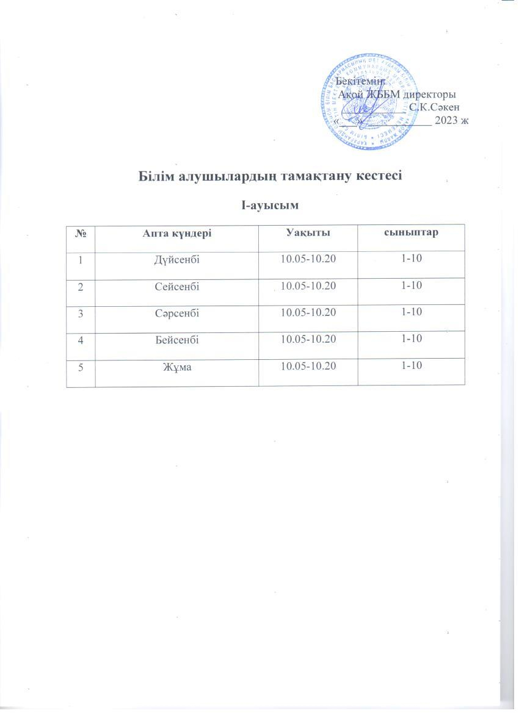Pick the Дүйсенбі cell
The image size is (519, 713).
177,260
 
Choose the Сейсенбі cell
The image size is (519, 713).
177,286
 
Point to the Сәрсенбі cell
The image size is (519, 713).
177,313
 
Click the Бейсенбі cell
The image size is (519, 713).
177,339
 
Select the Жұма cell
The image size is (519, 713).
177,366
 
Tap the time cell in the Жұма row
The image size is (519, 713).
308,365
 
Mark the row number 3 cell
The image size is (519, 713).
81,313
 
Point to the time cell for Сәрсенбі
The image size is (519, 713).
308,313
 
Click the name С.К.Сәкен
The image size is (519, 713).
434,107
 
